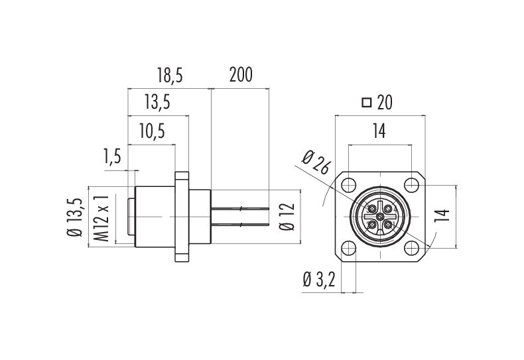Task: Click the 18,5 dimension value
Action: pos(170,75)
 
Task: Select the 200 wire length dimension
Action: pos(241,74)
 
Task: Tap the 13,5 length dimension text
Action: pos(157,102)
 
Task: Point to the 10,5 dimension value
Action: pos(153,131)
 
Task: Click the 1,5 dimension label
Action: pos(113,156)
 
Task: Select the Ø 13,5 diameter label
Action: pos(76,217)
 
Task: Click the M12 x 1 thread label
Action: pos(101,218)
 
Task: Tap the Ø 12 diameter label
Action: pos(288,217)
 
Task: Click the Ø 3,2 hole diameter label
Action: pos(319,280)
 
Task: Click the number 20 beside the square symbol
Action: pos(385,103)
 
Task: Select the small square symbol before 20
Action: pos(367,103)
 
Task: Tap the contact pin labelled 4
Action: pos(387,209)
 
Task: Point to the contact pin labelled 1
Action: pos(387,224)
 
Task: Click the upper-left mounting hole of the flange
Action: pos(348,185)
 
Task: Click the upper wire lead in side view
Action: pos(240,209)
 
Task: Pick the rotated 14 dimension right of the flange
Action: pos(442,216)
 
